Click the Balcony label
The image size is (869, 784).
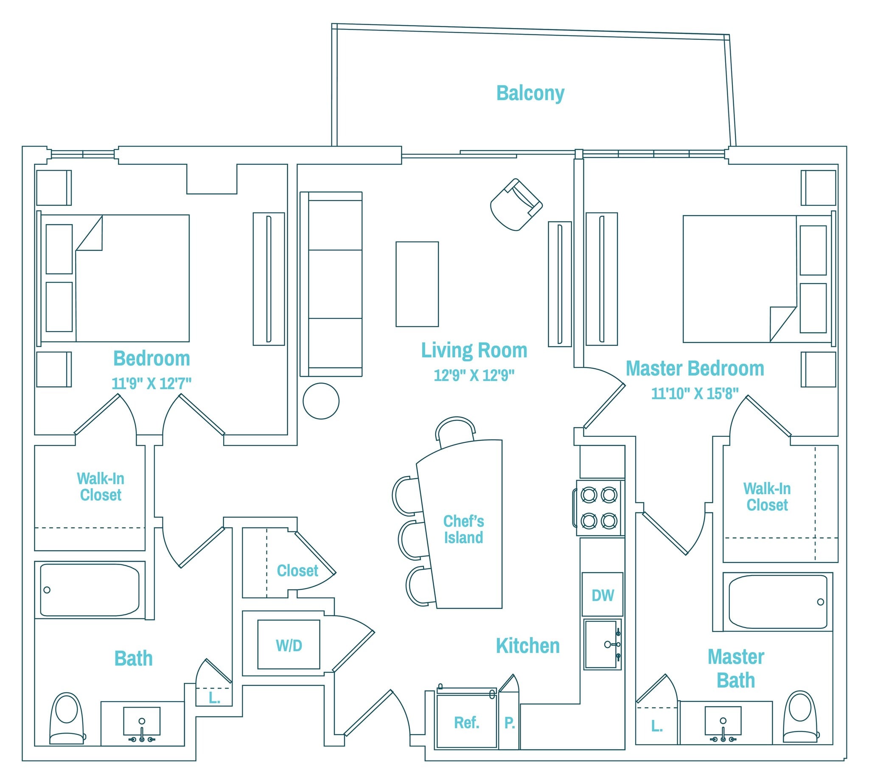click(530, 93)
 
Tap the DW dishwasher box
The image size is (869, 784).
click(602, 596)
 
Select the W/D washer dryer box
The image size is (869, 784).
click(289, 645)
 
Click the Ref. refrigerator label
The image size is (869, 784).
click(466, 722)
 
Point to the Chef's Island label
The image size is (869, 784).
click(463, 529)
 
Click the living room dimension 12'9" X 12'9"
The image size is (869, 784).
click(474, 375)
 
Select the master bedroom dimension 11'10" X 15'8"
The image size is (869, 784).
click(694, 393)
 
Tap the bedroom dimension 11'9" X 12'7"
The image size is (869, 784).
click(151, 383)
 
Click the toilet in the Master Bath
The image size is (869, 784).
click(800, 717)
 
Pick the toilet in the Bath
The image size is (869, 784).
click(67, 718)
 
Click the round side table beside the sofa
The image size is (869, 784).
click(321, 401)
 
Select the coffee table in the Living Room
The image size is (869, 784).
click(417, 284)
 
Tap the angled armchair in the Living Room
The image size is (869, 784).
click(515, 205)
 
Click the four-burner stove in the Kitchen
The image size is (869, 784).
click(599, 508)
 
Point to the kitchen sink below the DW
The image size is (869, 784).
click(602, 644)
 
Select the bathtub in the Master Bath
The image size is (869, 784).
click(778, 602)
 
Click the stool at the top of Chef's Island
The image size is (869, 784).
click(456, 430)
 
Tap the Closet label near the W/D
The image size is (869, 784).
click(297, 570)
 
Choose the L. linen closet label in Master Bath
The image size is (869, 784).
click(656, 726)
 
